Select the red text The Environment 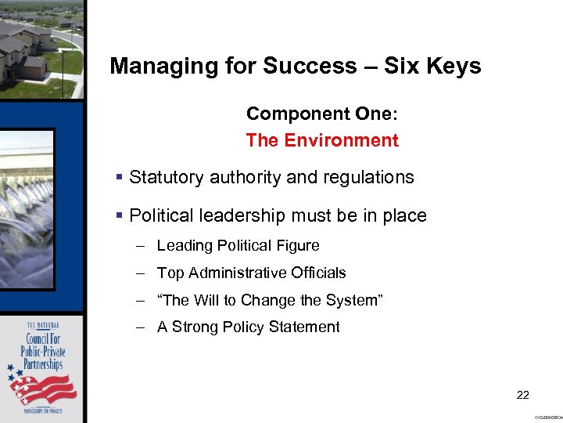pos(322,141)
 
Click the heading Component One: pos(322,114)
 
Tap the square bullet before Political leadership pos(119,215)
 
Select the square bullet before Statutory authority pos(119,178)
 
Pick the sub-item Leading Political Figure pos(238,246)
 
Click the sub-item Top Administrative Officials pos(251,273)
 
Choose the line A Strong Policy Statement pos(248,327)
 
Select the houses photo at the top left pos(39,47)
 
